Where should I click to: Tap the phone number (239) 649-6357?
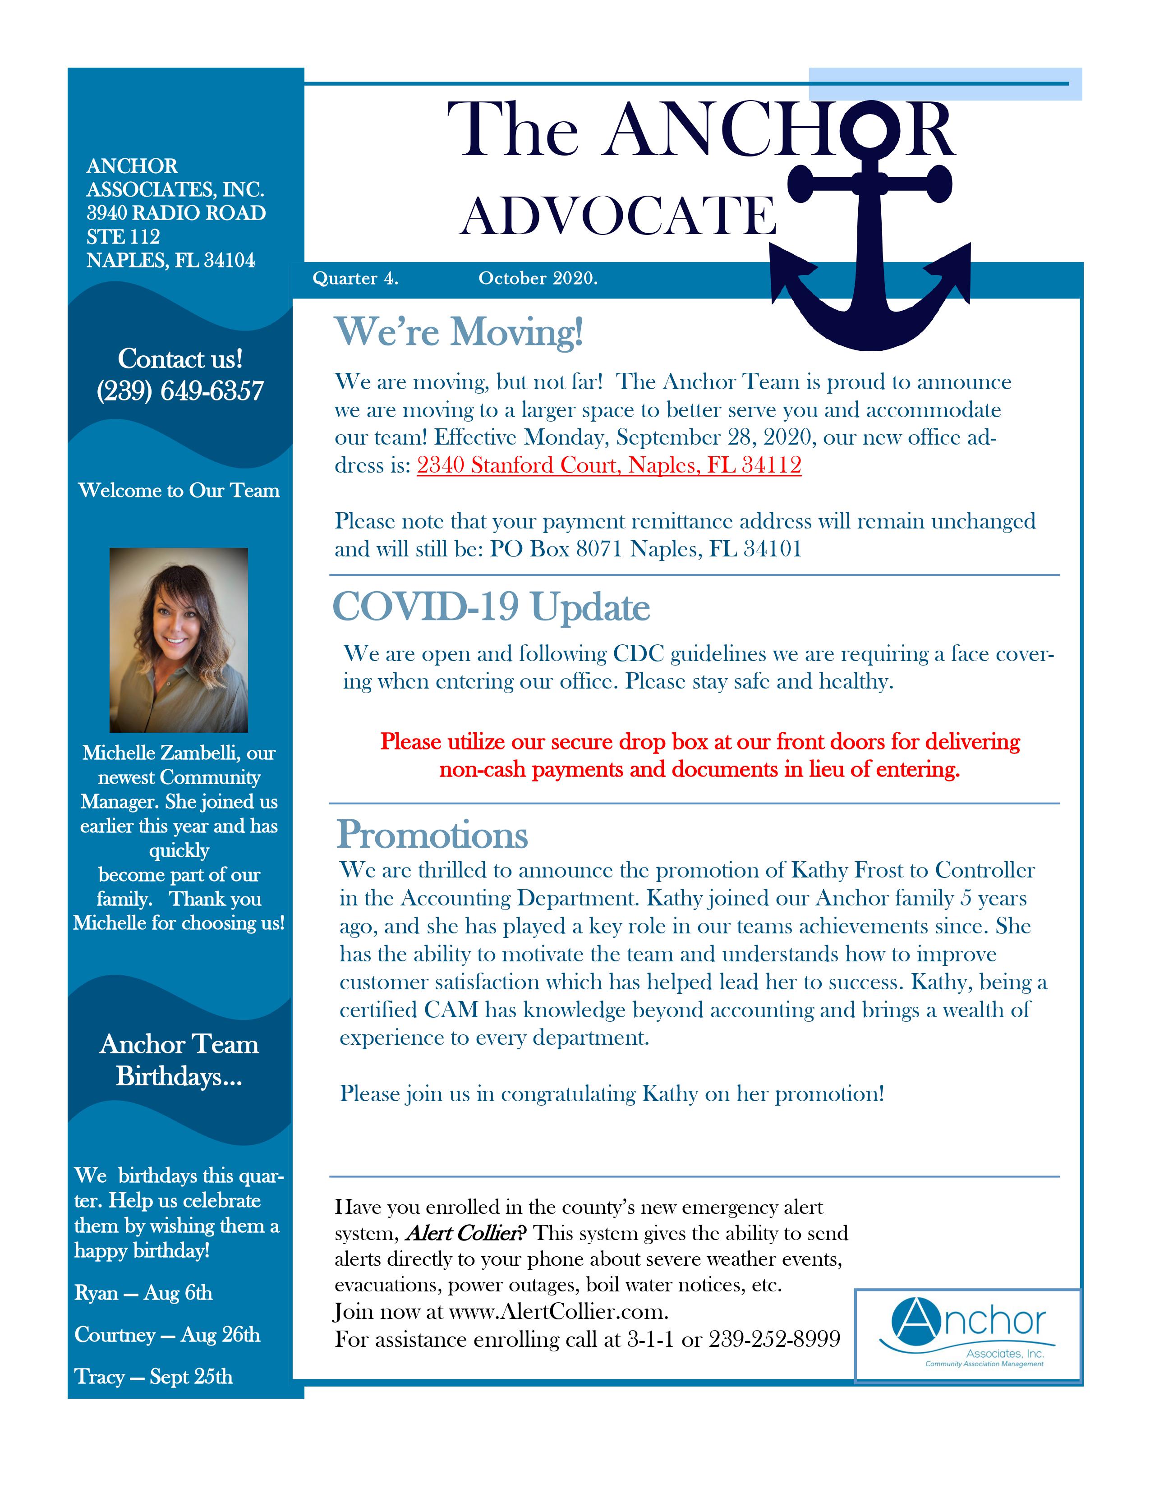pyautogui.click(x=180, y=391)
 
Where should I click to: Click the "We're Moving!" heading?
pyautogui.click(x=459, y=332)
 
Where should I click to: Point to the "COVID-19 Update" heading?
pyautogui.click(x=491, y=607)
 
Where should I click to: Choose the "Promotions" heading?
pyautogui.click(x=432, y=835)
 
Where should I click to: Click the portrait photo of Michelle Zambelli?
pyautogui.click(x=179, y=640)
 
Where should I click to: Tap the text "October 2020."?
pyautogui.click(x=538, y=279)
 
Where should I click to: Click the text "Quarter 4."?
pyautogui.click(x=355, y=279)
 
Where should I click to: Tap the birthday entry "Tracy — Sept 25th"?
pyautogui.click(x=154, y=1377)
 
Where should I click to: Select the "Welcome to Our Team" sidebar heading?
pyautogui.click(x=179, y=491)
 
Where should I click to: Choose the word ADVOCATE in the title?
pyautogui.click(x=618, y=216)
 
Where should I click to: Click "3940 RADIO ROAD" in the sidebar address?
pyautogui.click(x=176, y=213)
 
